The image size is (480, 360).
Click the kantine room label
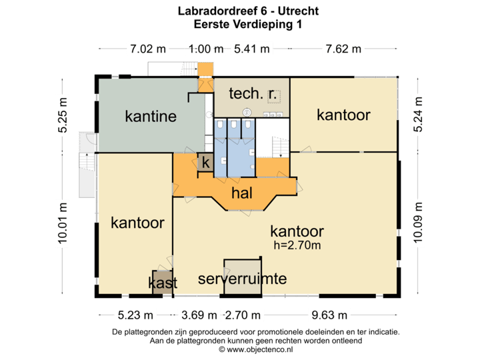(151, 117)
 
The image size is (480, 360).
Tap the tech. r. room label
(253, 94)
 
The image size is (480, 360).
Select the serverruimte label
(243, 279)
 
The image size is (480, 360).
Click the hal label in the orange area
(241, 193)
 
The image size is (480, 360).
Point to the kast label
(162, 283)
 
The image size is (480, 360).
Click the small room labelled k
(206, 162)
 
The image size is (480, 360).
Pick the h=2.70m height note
(297, 245)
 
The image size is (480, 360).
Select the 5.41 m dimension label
(252, 49)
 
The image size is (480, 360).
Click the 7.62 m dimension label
(343, 49)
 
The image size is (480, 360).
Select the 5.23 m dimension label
(136, 315)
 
